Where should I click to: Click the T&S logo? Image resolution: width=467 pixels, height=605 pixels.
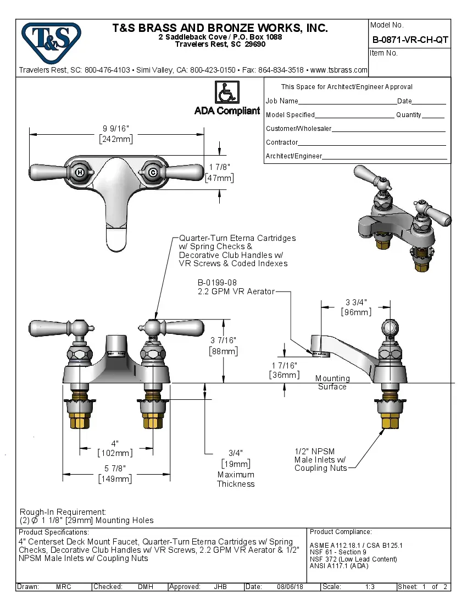click(x=51, y=42)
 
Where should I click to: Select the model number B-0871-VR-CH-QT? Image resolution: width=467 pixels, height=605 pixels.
click(x=410, y=40)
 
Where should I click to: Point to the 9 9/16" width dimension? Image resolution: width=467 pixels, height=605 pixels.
click(x=116, y=129)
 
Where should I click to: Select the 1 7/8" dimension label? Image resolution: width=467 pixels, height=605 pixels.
click(x=219, y=167)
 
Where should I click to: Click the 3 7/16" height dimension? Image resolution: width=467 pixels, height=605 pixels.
click(x=223, y=341)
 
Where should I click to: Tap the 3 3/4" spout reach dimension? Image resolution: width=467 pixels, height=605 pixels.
click(x=356, y=302)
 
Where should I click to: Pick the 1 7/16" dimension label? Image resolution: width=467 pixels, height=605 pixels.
click(x=284, y=366)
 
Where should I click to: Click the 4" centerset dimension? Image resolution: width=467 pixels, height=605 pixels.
click(x=115, y=443)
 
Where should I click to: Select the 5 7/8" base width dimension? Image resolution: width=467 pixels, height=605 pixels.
click(x=115, y=469)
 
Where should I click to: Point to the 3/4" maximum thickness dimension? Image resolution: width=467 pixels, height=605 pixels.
click(x=235, y=453)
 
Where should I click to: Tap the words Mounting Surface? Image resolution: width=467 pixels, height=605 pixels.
click(x=332, y=382)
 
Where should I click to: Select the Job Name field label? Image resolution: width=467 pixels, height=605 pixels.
click(x=282, y=101)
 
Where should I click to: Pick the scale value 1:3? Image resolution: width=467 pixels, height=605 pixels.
click(x=370, y=587)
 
